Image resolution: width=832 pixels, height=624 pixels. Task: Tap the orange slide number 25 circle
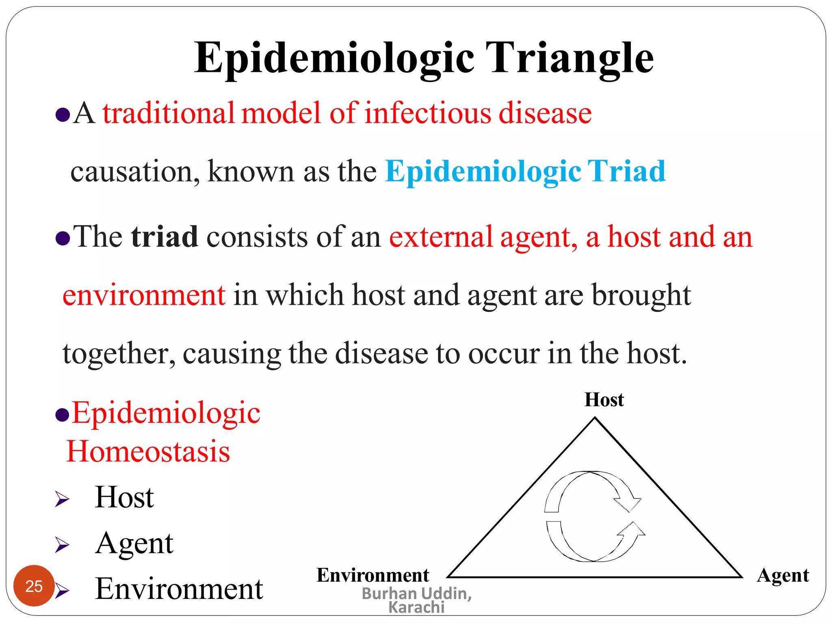coord(34,586)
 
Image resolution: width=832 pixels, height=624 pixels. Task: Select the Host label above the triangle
coord(604,400)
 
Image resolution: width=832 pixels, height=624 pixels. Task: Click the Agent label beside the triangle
coord(782,575)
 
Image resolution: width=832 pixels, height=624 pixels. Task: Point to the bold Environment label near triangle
coord(373,575)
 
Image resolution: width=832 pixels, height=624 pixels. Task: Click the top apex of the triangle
coord(595,418)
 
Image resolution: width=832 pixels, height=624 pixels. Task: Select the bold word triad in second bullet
coord(165,237)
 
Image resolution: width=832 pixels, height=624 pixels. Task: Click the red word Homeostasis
coord(148,452)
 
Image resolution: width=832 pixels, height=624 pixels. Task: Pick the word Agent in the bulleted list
coord(134,543)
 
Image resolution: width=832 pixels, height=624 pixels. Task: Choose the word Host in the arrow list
coord(124,497)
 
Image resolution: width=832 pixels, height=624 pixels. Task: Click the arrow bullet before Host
coord(62,499)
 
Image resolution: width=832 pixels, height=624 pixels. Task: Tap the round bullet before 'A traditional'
coord(63,115)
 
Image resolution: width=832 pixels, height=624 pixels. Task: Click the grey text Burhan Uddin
coord(416,594)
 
